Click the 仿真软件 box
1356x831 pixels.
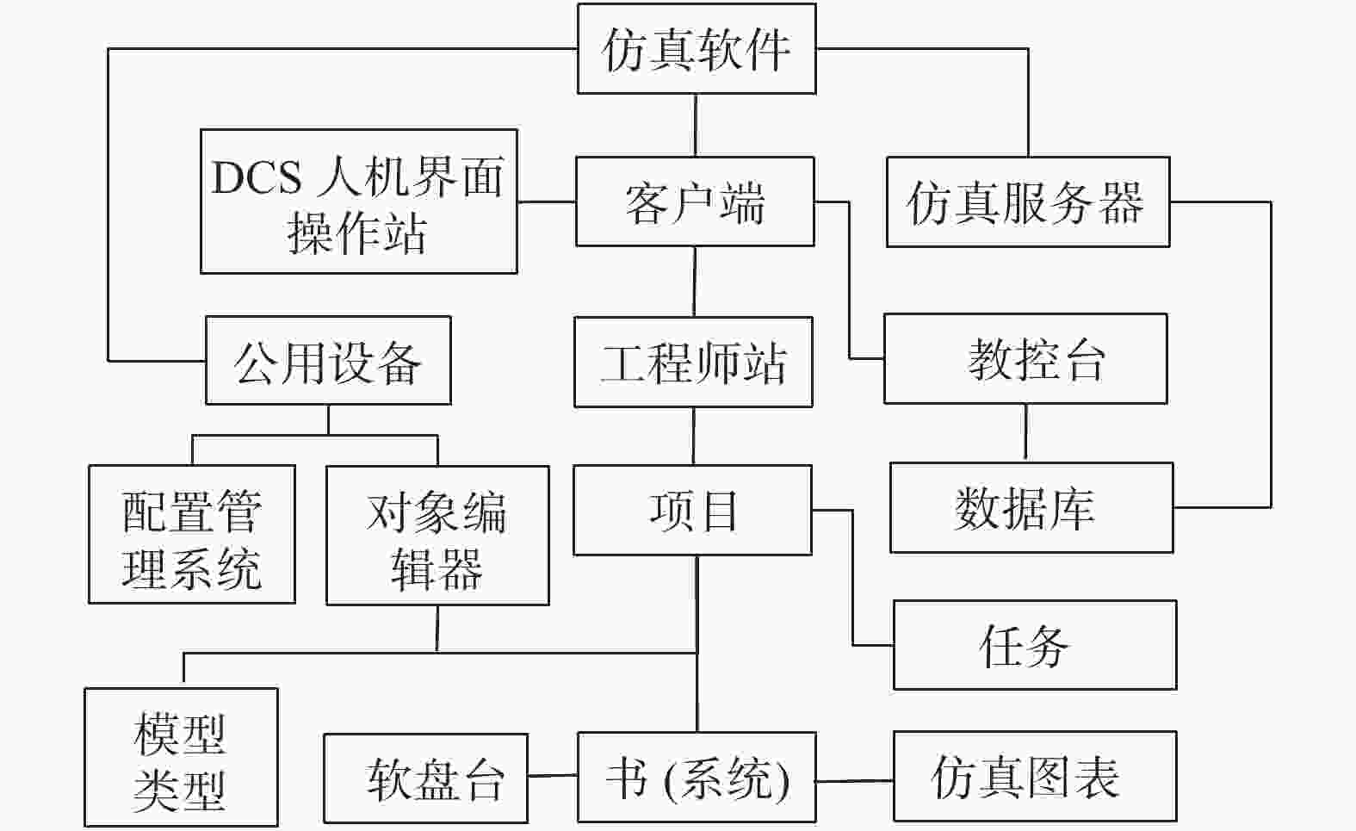[x=697, y=49]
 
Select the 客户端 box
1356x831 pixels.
[x=695, y=202]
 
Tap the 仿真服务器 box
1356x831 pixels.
[x=1028, y=202]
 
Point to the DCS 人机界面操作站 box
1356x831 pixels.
[x=359, y=202]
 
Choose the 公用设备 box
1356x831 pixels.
[x=328, y=360]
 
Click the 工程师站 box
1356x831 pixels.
[x=694, y=363]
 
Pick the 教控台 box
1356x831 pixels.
[x=1025, y=358]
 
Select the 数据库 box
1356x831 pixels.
[x=1031, y=507]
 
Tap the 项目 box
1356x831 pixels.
[x=692, y=510]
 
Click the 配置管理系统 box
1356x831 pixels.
[x=192, y=534]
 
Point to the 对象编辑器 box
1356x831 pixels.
[x=437, y=536]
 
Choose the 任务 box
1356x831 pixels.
[x=1035, y=645]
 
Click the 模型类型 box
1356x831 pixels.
[x=181, y=757]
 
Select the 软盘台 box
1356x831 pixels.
[x=425, y=778]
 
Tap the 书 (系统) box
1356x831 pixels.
[x=697, y=777]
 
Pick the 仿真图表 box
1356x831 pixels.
[x=1035, y=777]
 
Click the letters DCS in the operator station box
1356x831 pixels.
[x=257, y=177]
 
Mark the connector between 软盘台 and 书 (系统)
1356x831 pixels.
[x=553, y=775]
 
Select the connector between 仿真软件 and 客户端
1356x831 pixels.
[x=696, y=126]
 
